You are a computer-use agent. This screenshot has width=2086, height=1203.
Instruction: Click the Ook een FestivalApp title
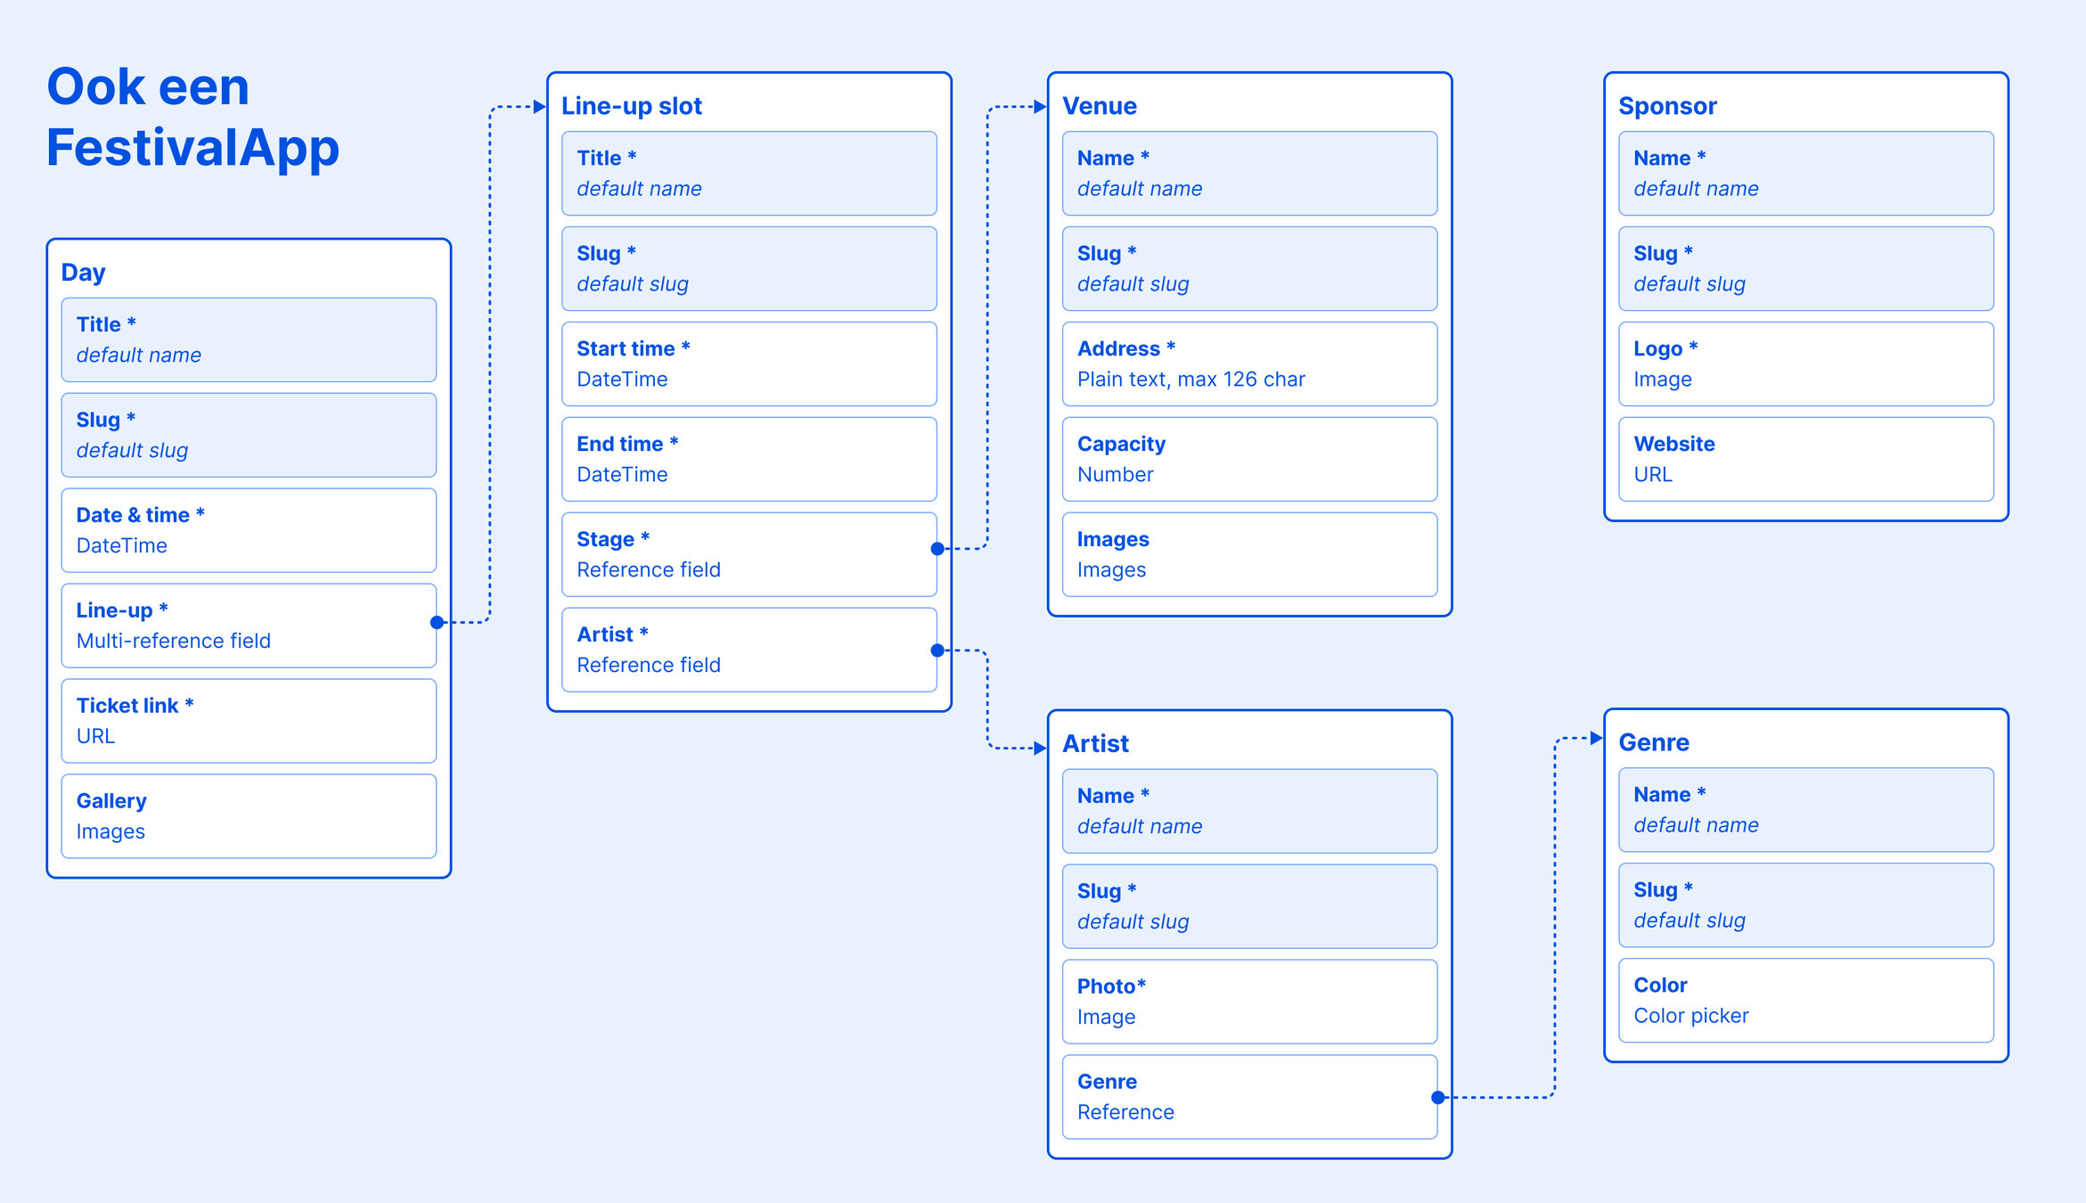192,117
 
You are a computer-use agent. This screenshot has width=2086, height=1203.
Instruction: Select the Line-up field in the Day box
249,626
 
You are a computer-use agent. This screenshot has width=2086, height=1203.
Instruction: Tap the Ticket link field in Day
249,721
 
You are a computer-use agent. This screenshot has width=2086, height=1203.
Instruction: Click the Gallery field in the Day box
249,816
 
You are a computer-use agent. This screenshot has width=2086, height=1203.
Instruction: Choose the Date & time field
249,530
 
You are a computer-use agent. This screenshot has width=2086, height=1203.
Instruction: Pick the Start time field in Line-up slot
749,364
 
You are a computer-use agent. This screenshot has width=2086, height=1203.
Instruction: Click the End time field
749,459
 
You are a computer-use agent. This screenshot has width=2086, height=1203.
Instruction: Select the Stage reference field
749,554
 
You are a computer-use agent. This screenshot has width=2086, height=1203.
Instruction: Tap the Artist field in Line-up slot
749,650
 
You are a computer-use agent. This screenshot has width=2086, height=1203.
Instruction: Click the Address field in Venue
1249,364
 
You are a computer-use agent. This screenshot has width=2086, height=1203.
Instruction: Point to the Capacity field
1249,459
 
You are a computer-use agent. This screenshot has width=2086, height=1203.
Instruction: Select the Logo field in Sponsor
1805,364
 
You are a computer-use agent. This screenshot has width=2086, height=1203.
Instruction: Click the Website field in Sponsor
1805,459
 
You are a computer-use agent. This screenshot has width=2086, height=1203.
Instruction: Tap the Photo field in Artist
1249,1002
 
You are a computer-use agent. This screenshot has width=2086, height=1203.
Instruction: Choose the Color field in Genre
1805,1000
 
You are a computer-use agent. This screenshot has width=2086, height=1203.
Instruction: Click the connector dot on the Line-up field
437,622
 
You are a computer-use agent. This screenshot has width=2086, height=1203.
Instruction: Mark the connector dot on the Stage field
937,549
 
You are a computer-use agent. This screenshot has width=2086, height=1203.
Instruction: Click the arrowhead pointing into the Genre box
1597,738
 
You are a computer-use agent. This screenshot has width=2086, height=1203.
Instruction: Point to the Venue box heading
1100,106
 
